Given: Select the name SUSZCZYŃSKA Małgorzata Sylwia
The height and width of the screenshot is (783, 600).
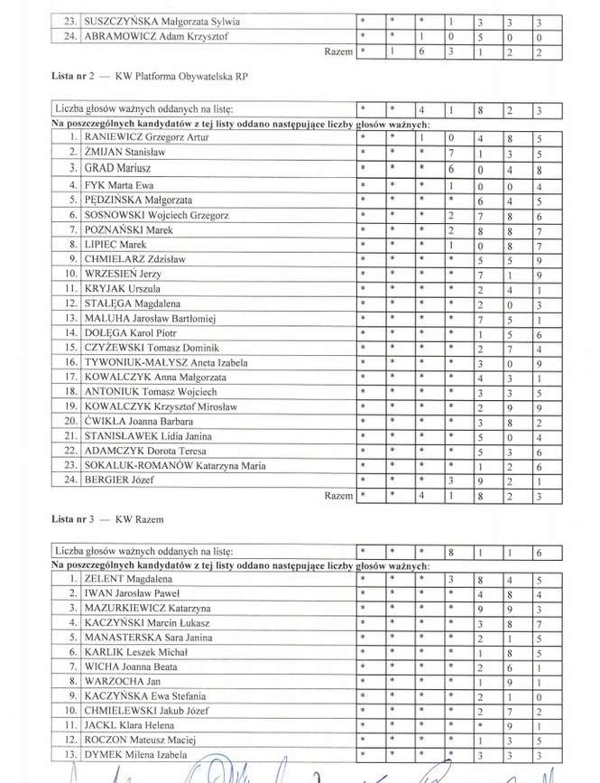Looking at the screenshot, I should [x=162, y=21].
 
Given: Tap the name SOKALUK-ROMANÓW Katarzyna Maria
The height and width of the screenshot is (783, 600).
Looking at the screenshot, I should [x=175, y=466].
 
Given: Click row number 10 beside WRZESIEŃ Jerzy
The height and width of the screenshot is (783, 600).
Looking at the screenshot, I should [x=69, y=273].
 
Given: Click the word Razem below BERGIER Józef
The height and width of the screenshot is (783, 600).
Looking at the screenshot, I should [x=338, y=496].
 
